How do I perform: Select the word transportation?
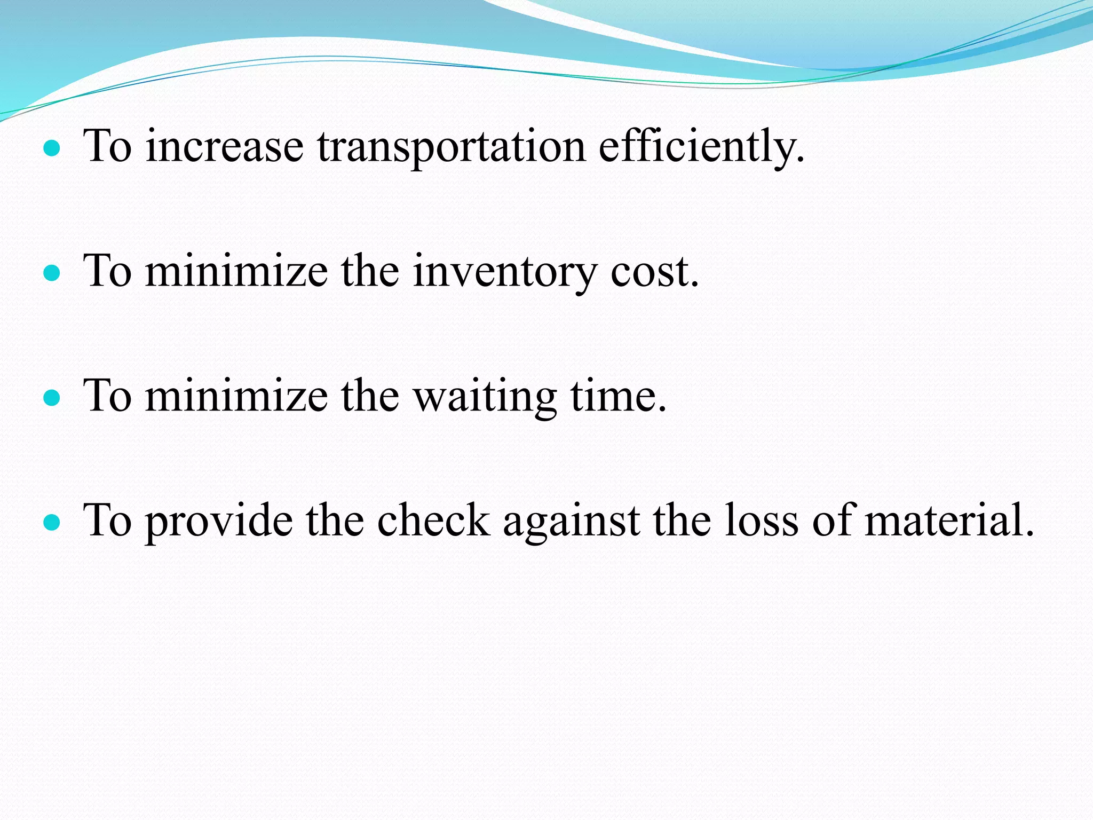click(452, 147)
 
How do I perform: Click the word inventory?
click(504, 272)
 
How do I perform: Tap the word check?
click(433, 521)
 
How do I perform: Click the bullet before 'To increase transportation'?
click(52, 149)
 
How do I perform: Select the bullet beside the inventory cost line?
click(52, 274)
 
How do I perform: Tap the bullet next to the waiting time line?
click(52, 399)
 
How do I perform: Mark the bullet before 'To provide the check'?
click(52, 524)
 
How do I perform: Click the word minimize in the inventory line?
click(236, 272)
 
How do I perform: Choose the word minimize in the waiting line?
click(236, 397)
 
